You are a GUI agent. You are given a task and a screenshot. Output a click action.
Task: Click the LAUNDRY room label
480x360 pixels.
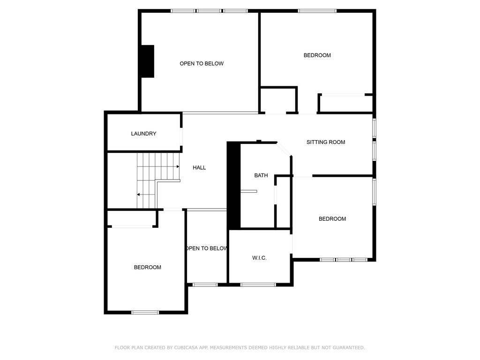click(143, 134)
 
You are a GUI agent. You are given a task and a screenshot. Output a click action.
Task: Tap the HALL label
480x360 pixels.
click(199, 167)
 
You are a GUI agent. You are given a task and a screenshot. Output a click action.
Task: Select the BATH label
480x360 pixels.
click(261, 175)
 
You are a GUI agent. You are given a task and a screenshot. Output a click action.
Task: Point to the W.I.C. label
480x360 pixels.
click(259, 258)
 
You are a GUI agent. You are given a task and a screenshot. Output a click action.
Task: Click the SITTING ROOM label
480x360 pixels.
click(326, 142)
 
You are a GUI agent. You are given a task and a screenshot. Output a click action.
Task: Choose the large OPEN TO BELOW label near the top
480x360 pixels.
click(202, 63)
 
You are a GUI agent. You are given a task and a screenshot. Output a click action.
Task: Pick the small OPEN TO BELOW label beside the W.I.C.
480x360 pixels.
click(206, 248)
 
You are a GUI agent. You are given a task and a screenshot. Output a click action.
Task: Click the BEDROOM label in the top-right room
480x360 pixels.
click(317, 55)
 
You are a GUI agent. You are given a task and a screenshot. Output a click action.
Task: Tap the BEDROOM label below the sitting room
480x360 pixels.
click(332, 218)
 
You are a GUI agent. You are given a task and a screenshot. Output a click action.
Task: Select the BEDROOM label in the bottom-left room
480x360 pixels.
click(148, 267)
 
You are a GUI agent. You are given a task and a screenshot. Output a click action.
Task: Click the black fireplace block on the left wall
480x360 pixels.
click(148, 61)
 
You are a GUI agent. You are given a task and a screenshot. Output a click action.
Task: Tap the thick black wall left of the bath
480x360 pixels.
click(233, 186)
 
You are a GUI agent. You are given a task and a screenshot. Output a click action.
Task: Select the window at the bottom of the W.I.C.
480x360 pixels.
click(258, 285)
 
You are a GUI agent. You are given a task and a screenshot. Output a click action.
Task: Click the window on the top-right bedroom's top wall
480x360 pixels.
click(317, 11)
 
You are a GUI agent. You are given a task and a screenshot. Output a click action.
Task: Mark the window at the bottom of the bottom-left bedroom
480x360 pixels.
click(145, 312)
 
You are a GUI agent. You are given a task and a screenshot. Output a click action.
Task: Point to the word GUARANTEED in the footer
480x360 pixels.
click(349, 347)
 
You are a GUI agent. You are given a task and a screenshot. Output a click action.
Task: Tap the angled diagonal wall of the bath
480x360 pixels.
click(284, 150)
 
